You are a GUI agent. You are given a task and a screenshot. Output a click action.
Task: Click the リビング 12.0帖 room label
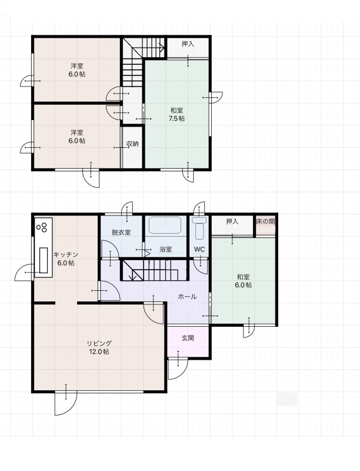[x=99, y=347]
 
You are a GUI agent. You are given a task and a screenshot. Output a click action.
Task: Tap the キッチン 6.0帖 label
[x=66, y=258]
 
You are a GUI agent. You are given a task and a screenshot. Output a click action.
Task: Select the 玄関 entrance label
[x=188, y=338]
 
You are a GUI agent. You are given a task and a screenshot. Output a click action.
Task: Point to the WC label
[x=199, y=249]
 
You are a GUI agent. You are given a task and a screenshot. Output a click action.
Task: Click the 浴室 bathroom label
[x=166, y=249]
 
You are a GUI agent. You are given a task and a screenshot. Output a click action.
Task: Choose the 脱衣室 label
[x=121, y=232]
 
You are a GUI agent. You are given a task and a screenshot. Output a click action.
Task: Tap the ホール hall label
[x=187, y=297]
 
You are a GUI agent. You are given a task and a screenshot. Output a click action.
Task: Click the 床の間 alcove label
[x=265, y=222]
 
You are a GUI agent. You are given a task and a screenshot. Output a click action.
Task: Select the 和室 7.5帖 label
[x=176, y=114]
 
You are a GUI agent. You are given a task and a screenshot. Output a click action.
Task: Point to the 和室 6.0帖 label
[x=244, y=281]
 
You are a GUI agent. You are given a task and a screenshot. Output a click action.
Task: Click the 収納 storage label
[x=132, y=144]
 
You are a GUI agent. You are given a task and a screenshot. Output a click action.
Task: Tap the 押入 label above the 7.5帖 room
[x=188, y=44]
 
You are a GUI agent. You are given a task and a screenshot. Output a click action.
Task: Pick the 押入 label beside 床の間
[x=232, y=222]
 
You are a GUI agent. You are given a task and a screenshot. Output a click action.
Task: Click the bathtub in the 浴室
[x=165, y=225]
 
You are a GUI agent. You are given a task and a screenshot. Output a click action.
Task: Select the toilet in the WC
[x=199, y=228]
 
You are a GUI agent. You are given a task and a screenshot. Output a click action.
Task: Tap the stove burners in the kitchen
[x=42, y=227]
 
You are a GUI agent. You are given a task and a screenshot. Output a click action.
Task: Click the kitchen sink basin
[x=44, y=260]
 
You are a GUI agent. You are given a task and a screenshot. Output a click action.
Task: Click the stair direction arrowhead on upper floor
[x=161, y=48]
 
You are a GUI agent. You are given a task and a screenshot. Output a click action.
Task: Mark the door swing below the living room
[x=66, y=403]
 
